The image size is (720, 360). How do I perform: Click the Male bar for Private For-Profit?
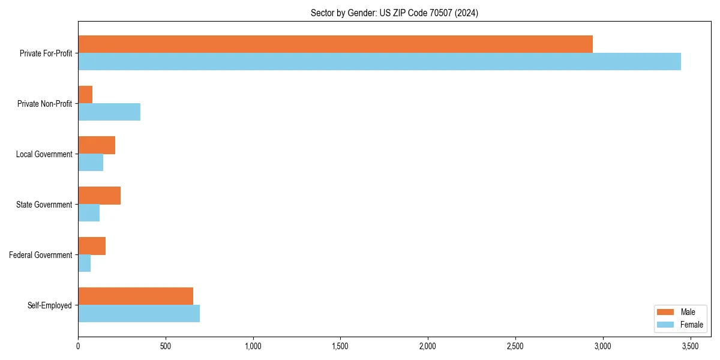335,44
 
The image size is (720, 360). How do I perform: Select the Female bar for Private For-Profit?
379,61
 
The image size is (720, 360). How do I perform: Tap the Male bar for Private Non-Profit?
85,94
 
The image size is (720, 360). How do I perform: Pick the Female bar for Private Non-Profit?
109,112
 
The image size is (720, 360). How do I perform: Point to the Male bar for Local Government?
97,145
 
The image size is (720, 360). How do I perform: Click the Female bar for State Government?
89,212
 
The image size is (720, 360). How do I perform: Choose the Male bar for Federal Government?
92,245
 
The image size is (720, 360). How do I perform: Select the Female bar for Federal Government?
85,263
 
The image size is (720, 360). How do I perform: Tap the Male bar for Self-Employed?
136,296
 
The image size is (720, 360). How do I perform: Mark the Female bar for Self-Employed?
139,313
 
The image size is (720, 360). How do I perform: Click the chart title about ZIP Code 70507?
394,13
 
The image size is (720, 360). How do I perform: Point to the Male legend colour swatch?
666,312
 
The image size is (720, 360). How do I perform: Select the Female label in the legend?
691,325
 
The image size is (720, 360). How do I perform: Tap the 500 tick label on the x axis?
166,346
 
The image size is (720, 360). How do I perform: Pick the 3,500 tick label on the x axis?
690,346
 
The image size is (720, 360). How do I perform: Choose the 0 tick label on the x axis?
78,346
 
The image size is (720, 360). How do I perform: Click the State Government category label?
44,205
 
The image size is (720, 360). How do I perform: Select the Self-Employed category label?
50,305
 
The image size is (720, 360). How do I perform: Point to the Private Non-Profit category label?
44,104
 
